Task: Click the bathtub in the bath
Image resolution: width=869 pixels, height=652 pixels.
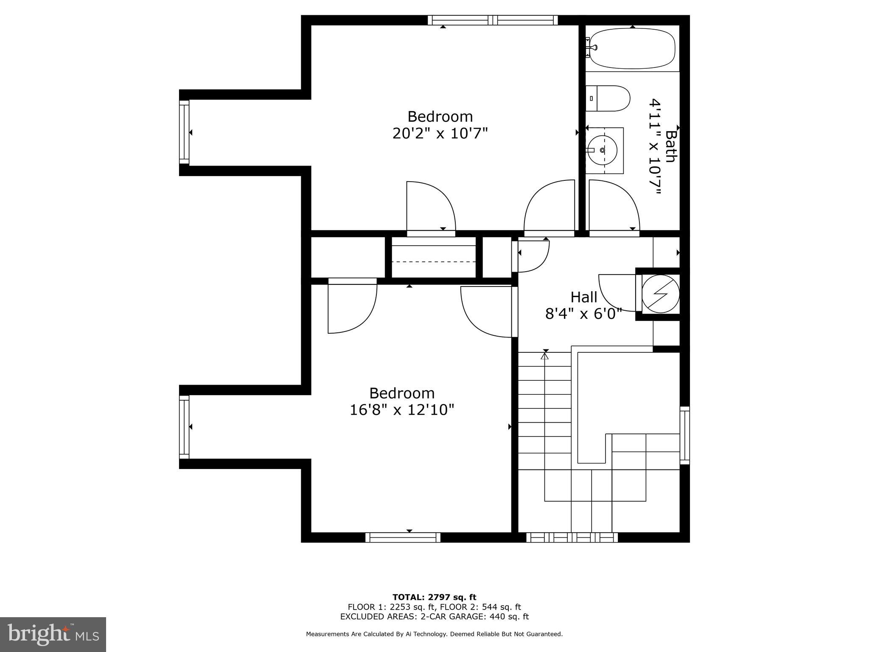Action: pyautogui.click(x=632, y=48)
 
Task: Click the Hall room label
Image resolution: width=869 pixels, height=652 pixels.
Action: pyautogui.click(x=583, y=297)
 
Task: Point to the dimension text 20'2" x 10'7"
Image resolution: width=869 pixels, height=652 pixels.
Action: pyautogui.click(x=440, y=134)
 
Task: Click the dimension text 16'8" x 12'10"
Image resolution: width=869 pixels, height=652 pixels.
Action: pyautogui.click(x=402, y=410)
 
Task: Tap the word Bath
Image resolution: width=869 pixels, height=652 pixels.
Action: pyautogui.click(x=670, y=146)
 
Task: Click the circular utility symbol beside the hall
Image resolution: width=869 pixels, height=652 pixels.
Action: pyautogui.click(x=660, y=294)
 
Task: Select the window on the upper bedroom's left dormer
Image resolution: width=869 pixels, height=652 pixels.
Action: pyautogui.click(x=184, y=132)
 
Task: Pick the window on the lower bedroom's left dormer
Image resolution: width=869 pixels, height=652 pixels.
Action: pyautogui.click(x=184, y=427)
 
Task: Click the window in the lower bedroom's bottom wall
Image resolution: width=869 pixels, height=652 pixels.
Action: pyautogui.click(x=403, y=537)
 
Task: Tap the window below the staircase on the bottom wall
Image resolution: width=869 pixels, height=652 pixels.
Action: pyautogui.click(x=572, y=537)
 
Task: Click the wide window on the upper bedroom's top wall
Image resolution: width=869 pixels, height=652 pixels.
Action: pyautogui.click(x=493, y=20)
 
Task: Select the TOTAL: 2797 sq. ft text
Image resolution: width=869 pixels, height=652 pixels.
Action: pyautogui.click(x=434, y=597)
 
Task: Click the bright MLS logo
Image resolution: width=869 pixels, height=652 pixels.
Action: pyautogui.click(x=53, y=634)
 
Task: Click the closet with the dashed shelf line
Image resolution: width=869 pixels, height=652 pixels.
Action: pyautogui.click(x=433, y=258)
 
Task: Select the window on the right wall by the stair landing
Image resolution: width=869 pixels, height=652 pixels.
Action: pyautogui.click(x=684, y=435)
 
